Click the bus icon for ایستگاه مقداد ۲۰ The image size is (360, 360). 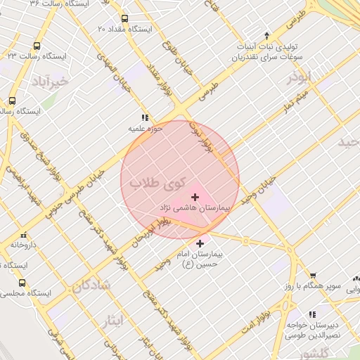click(125, 19)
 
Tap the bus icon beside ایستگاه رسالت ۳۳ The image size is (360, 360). click(37, 45)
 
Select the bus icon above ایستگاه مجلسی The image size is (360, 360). click(22, 283)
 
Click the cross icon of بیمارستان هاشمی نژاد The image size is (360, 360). click(195, 197)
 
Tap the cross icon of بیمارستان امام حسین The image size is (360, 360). click(200, 243)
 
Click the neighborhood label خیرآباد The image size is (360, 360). click(49, 82)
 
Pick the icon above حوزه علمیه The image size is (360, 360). click(145, 118)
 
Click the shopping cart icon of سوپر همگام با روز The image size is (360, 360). click(313, 276)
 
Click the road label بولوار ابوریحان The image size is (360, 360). click(150, 236)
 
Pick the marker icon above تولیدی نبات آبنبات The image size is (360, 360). click(266, 35)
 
